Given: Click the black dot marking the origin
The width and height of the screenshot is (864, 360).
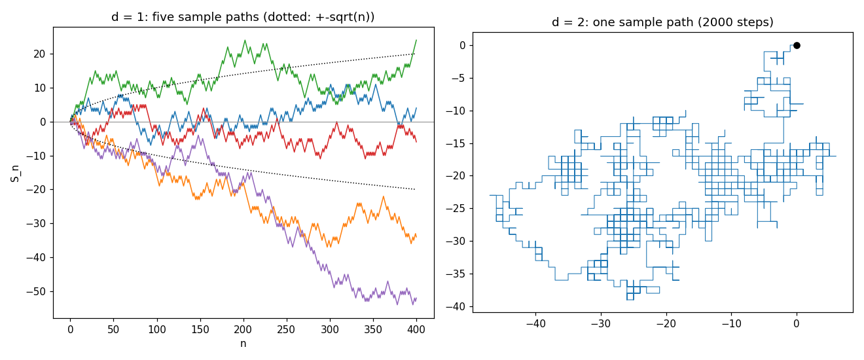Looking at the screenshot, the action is click(797, 46).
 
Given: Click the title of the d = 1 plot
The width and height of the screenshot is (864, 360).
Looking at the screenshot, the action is click(243, 17).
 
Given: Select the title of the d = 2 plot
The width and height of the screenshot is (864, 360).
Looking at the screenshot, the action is click(662, 22).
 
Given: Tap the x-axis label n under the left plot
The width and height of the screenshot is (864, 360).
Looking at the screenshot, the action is click(243, 344).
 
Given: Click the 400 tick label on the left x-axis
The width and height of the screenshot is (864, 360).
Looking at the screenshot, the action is click(416, 329).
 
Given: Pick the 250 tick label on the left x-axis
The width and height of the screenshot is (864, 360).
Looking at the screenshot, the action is click(286, 329).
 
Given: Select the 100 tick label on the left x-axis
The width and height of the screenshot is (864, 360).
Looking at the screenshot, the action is click(156, 329).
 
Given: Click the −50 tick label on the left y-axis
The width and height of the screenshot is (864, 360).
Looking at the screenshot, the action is click(36, 291).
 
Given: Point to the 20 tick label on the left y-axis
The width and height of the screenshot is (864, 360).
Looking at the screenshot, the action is click(40, 54).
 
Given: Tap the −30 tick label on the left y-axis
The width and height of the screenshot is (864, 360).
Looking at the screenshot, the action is click(36, 223).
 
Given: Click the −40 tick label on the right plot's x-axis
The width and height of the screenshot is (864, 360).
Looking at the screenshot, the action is click(535, 323).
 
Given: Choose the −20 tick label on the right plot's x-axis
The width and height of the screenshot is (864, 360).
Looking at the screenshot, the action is click(666, 323).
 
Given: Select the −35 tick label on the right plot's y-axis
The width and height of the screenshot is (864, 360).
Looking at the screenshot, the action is click(456, 274).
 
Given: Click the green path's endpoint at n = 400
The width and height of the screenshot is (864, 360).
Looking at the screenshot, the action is click(416, 40).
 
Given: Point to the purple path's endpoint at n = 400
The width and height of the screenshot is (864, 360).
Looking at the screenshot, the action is click(416, 298).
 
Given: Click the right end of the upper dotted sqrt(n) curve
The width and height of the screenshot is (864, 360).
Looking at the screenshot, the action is click(415, 54).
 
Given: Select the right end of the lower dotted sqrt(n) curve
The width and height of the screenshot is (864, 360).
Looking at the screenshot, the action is click(415, 189).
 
